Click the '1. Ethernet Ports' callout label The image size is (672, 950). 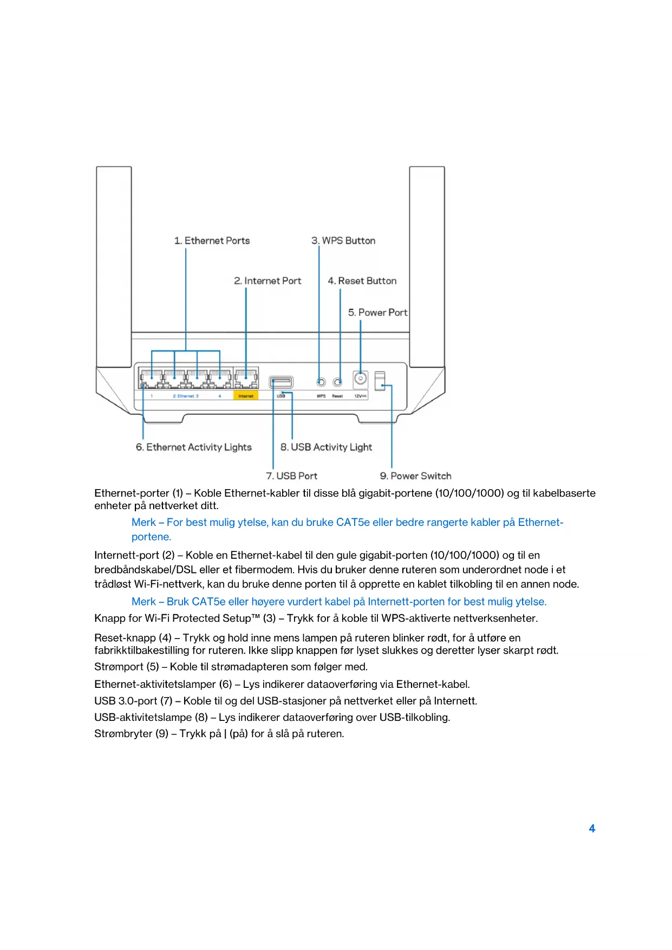pos(212,240)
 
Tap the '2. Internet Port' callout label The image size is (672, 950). pos(268,281)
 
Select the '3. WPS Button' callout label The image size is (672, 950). pos(343,240)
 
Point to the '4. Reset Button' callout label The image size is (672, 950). pos(362,281)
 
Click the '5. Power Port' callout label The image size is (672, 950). pos(377,313)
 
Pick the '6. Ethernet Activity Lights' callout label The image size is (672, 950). pos(193,447)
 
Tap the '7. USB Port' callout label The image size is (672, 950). pos(291,476)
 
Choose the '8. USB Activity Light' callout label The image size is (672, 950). pos(326,447)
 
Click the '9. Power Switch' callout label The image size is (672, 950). pos(415,476)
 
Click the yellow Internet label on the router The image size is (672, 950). pos(246,396)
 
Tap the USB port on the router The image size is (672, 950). pos(281,382)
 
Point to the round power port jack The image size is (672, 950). pos(360,379)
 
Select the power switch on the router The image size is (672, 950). pos(380,380)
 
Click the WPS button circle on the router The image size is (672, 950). pos(321,382)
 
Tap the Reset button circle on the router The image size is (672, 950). pos(337,382)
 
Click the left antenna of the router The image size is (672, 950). pos(114,265)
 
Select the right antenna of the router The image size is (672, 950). pos(427,265)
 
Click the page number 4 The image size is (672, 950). pos(592,828)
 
